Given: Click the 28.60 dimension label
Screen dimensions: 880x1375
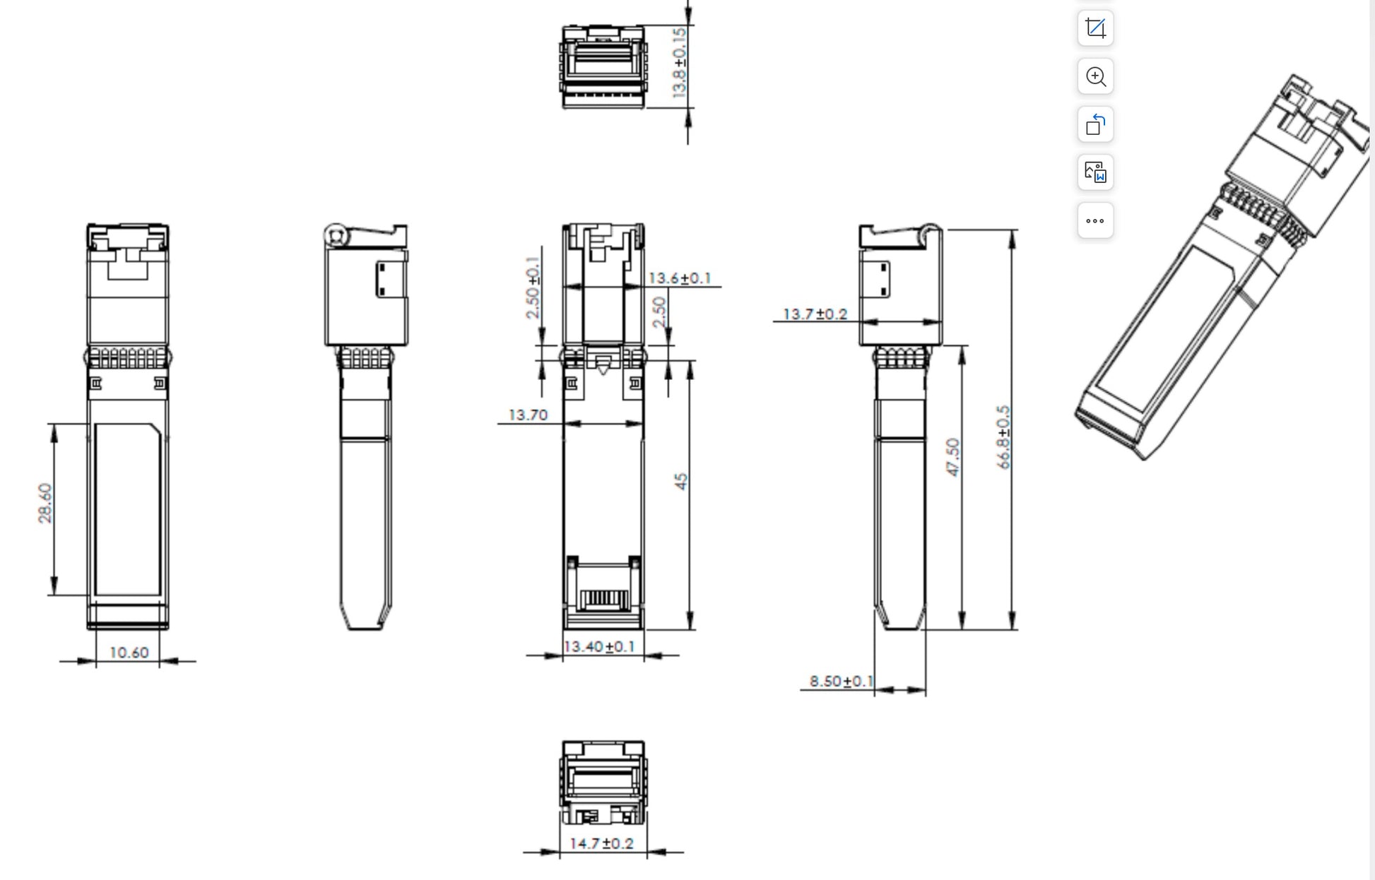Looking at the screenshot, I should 45,504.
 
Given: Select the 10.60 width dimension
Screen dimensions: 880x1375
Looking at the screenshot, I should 129,653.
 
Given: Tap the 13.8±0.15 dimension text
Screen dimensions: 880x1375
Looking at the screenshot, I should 679,63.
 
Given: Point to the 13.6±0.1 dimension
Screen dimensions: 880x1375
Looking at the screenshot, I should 680,278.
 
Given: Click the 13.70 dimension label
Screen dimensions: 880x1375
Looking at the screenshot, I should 528,415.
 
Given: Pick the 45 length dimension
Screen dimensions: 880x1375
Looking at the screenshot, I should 680,482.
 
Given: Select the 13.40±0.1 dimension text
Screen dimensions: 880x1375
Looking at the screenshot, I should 599,647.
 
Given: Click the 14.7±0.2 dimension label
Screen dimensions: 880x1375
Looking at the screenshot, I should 601,843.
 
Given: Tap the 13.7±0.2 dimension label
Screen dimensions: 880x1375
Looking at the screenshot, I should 815,314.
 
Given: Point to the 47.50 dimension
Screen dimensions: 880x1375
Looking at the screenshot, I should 952,457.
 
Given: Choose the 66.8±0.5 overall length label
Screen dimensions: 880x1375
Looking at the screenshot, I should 1003,437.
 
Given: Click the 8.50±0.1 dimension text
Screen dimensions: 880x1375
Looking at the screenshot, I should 841,681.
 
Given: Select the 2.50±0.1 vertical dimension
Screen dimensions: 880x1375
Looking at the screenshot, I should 533,287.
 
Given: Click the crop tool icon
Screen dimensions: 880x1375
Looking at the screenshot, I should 1095,28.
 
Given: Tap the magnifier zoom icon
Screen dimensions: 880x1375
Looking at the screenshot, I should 1095,76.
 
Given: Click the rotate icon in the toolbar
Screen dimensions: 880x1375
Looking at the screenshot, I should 1095,124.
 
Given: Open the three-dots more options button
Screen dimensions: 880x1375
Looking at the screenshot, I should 1095,221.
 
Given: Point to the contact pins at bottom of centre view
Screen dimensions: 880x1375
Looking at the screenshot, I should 603,600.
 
